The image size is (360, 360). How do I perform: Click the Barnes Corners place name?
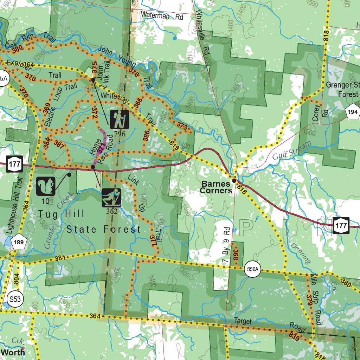(217, 187)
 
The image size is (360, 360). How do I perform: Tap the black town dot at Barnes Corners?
(234, 181)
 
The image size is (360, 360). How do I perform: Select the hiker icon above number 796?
(120, 120)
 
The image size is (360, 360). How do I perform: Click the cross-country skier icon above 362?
(111, 198)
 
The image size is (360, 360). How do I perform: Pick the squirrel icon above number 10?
(46, 186)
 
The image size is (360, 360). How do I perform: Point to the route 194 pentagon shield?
(353, 112)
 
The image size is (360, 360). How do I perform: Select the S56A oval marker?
(252, 270)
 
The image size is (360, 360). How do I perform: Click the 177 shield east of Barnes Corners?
(341, 225)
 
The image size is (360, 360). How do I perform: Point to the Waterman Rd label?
(162, 15)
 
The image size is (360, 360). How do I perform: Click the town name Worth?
(13, 352)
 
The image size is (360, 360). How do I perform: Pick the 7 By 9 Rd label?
(226, 246)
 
